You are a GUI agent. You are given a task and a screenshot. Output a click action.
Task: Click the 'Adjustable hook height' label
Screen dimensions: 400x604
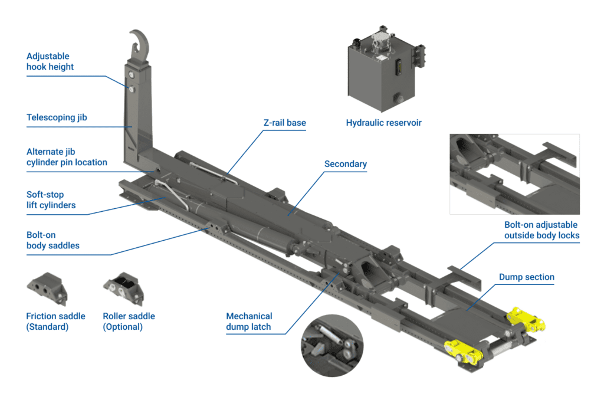tap(50, 62)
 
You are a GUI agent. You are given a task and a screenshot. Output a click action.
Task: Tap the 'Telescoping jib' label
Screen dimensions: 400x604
tap(57, 117)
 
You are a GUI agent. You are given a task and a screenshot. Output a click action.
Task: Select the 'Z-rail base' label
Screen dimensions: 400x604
tap(284, 123)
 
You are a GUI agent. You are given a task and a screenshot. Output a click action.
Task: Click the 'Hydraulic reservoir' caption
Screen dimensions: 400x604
tap(383, 123)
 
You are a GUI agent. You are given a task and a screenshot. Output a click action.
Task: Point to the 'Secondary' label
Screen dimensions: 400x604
tap(346, 164)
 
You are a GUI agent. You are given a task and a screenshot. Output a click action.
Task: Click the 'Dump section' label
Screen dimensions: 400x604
tap(527, 277)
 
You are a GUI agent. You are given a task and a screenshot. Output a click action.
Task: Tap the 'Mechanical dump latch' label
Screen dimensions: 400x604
tap(249, 322)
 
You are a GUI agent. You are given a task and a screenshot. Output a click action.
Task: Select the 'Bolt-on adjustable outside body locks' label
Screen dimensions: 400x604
tap(541, 230)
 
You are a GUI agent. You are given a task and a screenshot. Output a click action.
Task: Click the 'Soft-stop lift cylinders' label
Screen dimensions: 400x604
tap(51, 200)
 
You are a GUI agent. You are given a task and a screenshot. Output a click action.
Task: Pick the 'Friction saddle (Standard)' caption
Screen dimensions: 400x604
tap(55, 322)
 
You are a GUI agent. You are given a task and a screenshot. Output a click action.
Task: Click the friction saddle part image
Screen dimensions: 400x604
tap(47, 287)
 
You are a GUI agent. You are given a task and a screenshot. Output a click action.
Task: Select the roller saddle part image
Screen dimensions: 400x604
tap(124, 287)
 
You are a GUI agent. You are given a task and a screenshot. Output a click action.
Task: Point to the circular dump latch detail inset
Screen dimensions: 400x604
tap(331, 348)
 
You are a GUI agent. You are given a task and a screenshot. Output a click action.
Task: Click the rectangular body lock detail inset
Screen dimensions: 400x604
tap(514, 173)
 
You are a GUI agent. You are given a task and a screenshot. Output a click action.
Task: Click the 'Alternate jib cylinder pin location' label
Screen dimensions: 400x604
tap(67, 157)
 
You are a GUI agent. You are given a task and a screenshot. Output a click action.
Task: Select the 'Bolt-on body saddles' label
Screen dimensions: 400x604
tap(53, 240)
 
